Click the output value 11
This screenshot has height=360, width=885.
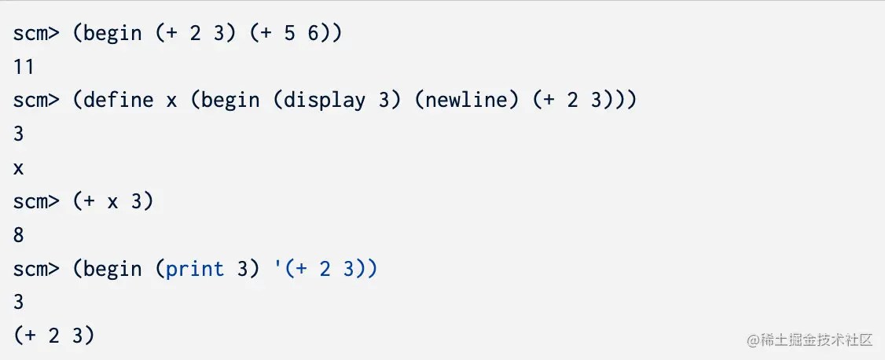(24, 68)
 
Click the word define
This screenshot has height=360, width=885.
(118, 101)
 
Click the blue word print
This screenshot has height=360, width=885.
(195, 269)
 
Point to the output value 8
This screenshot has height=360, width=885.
(19, 235)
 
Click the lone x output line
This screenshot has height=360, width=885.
(19, 168)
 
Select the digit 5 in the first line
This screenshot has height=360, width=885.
(288, 34)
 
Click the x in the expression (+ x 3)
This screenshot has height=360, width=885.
(112, 201)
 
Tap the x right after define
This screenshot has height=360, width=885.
(171, 101)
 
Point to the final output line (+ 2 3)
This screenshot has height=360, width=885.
(53, 336)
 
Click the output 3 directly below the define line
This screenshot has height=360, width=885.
(19, 134)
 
